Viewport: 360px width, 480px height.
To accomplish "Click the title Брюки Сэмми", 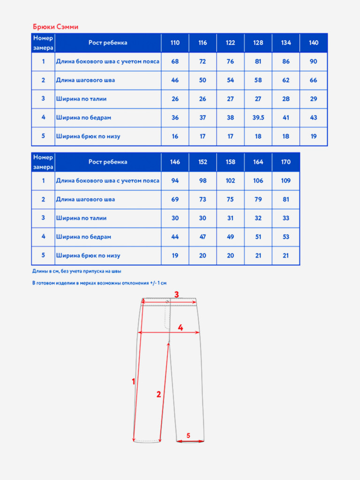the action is (55, 27).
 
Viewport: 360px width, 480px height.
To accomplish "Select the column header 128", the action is (258, 43).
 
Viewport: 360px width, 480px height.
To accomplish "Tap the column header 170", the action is (285, 162).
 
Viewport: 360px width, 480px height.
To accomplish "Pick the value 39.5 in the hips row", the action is (258, 118).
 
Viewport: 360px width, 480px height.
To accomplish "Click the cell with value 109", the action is (285, 180).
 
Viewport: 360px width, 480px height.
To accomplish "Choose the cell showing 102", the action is (230, 180).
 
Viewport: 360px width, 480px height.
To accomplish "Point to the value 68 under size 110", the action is (175, 61).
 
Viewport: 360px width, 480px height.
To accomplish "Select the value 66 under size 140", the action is (314, 80).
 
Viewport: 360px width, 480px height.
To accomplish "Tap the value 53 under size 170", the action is (285, 237).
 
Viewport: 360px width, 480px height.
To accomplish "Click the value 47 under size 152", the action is (202, 237).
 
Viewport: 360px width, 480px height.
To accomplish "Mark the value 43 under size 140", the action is (314, 118).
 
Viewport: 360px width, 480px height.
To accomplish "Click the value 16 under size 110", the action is (175, 136).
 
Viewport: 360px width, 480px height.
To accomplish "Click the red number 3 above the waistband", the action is (177, 294).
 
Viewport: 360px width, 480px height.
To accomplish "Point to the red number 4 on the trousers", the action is (180, 328).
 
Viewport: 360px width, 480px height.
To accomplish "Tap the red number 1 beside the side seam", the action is (133, 382).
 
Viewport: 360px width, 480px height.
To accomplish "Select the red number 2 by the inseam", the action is (158, 394).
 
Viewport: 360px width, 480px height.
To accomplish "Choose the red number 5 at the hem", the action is (188, 435).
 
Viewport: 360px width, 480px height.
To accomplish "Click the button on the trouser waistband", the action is (167, 302).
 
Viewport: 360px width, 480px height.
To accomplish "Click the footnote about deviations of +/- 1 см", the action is (99, 283).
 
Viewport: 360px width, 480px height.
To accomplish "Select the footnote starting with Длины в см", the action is (76, 271).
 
